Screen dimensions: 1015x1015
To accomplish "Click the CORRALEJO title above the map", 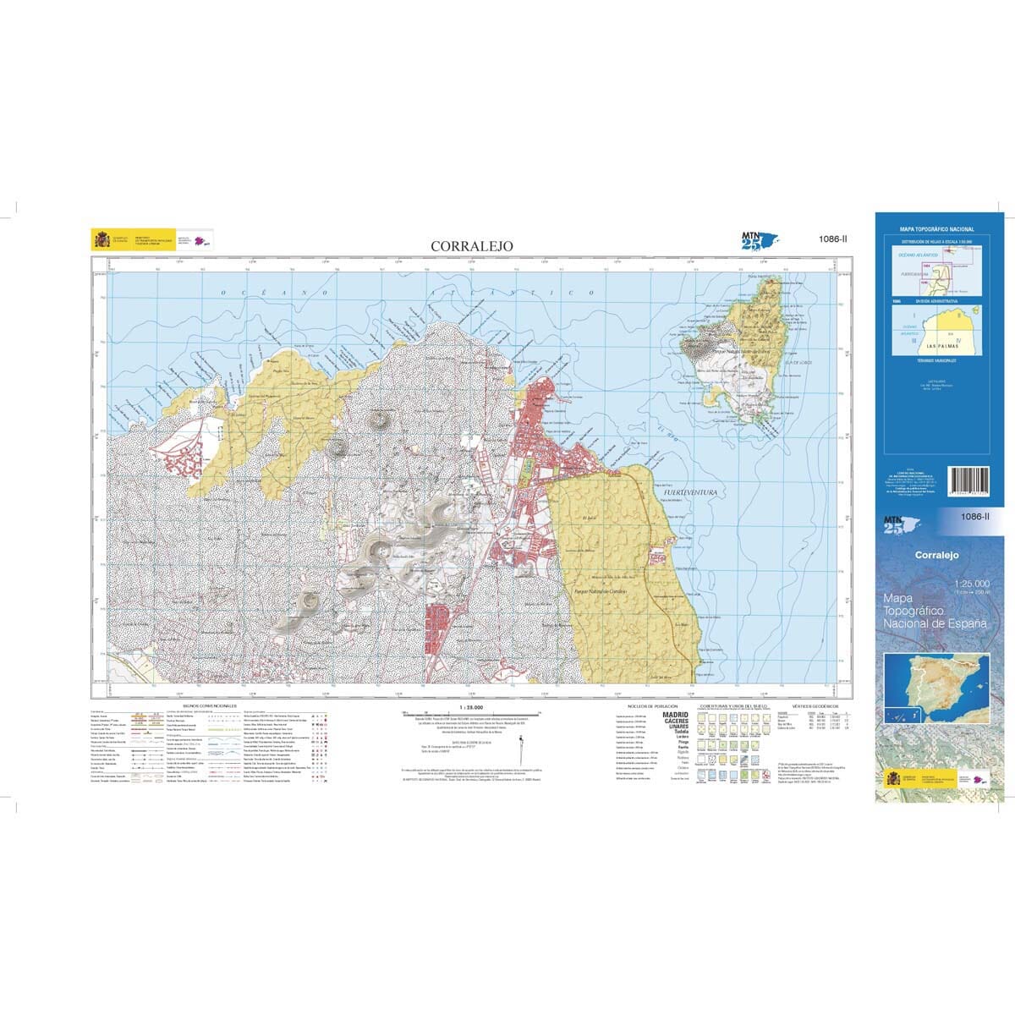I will [471, 245].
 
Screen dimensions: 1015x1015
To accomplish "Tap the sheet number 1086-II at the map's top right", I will [828, 239].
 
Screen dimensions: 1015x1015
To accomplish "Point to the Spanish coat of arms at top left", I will [102, 240].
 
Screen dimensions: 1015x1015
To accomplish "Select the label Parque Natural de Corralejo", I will [598, 591].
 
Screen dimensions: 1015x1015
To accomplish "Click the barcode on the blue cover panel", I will [974, 486].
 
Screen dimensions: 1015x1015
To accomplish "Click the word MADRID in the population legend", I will [674, 716].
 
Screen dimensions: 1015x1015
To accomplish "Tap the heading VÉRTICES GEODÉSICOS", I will [815, 705].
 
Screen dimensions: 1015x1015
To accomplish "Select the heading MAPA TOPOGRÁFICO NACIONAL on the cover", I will [936, 229].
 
